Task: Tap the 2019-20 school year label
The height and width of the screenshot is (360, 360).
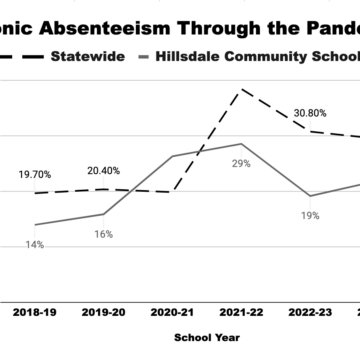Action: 104,284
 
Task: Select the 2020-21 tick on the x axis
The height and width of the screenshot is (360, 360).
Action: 171,284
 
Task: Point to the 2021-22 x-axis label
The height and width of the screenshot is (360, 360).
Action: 240,284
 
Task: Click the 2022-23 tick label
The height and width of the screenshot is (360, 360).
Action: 309,284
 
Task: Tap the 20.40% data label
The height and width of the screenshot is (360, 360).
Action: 104,170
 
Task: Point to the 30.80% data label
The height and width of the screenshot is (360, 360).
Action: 310,113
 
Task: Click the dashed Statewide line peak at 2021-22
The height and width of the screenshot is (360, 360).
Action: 240,90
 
